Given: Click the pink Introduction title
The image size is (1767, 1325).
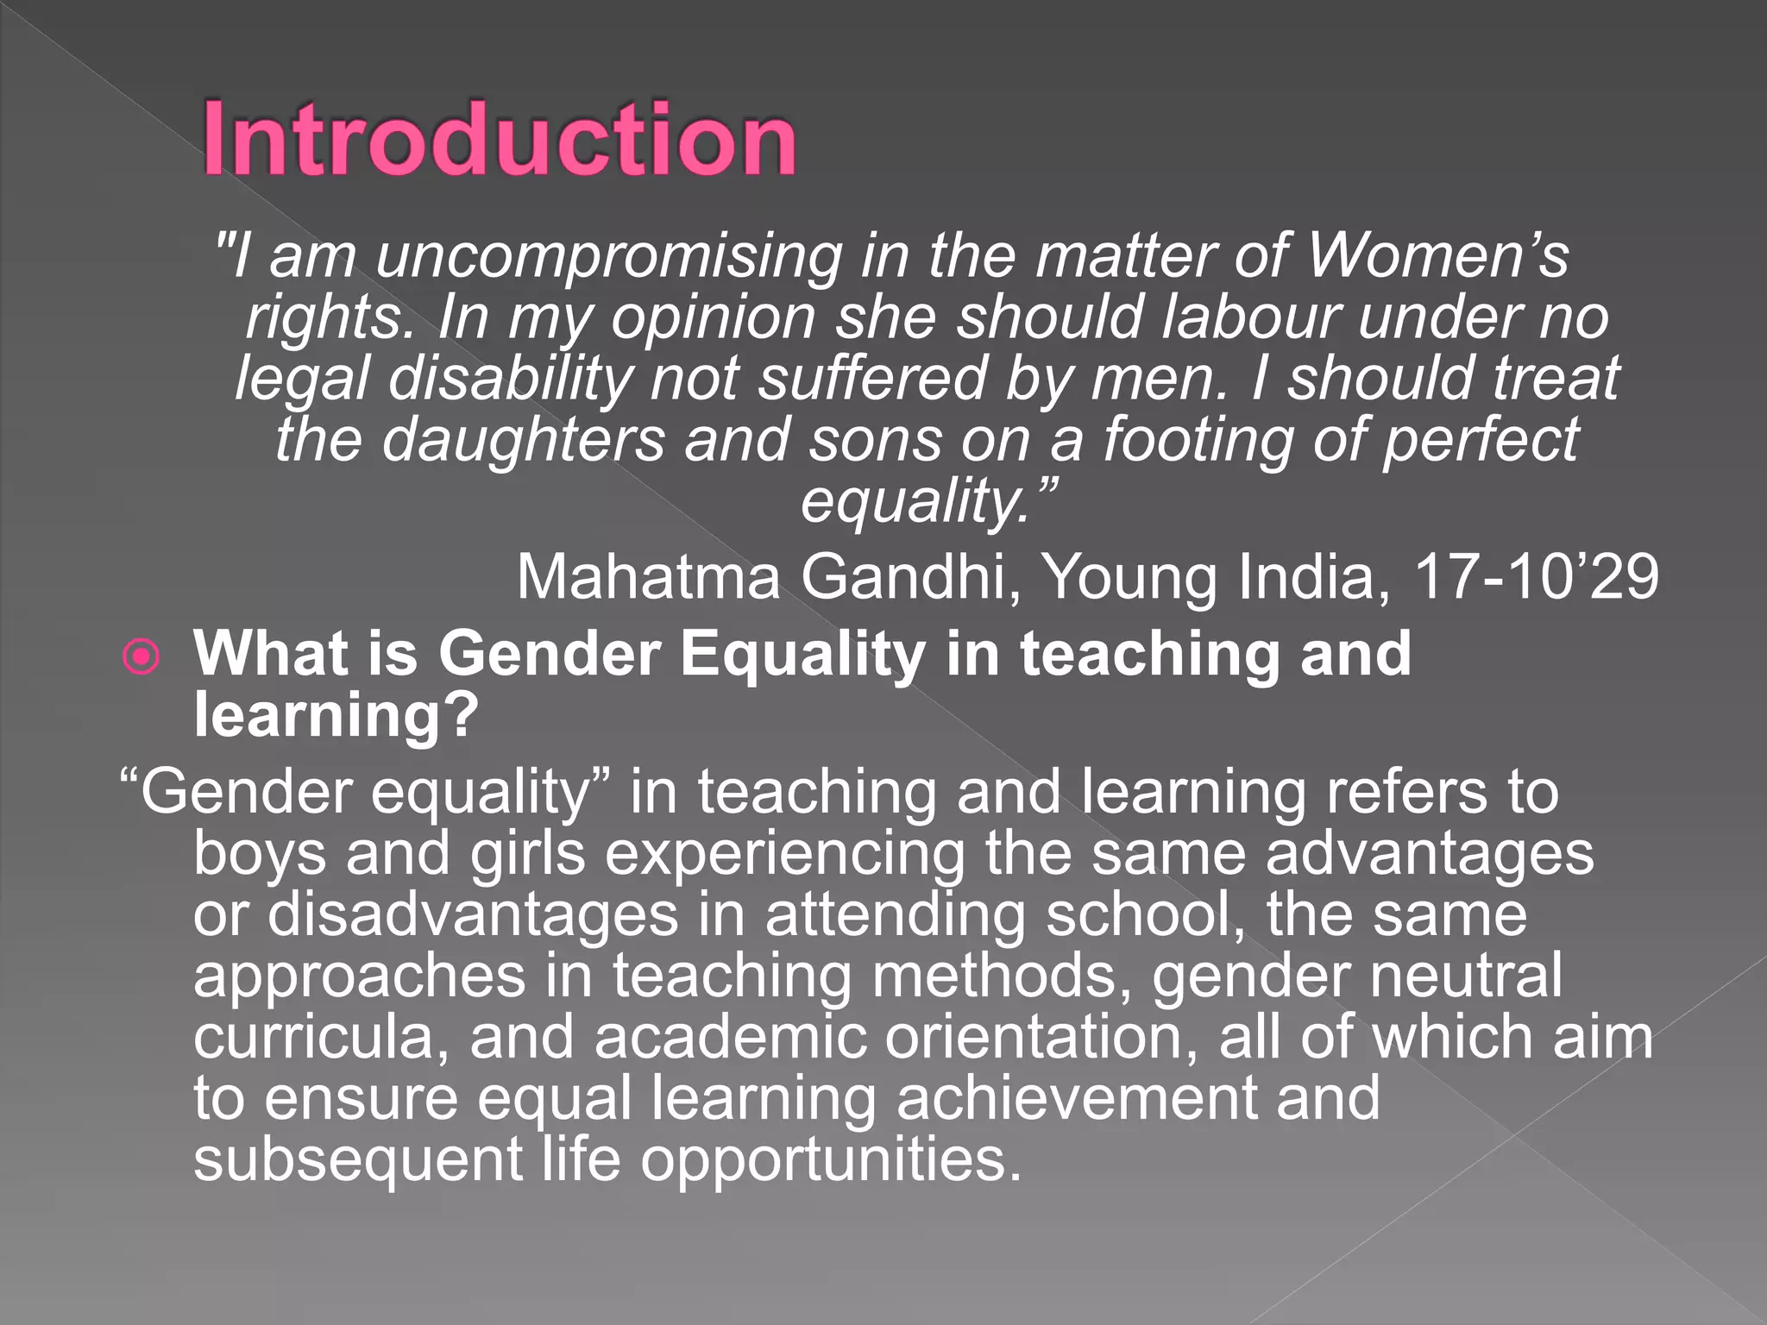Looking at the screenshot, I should [499, 139].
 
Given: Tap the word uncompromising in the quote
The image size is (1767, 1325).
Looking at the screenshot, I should [608, 256].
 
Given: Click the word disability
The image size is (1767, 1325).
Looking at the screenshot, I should [509, 380].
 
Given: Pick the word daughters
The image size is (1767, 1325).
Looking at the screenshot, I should [523, 440].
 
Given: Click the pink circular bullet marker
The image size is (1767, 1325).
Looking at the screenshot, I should [141, 657].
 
